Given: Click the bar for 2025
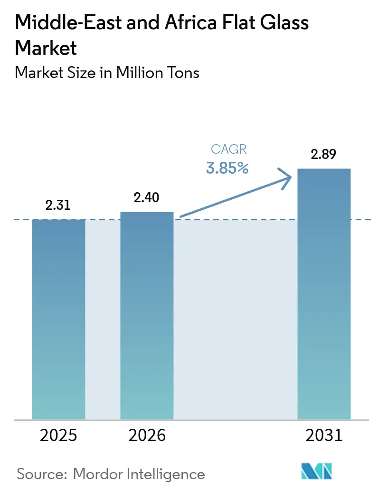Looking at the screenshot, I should coord(58,319).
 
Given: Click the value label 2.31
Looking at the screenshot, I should coord(58,205).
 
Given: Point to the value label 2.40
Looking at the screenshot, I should coord(147,197).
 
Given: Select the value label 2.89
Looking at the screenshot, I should coord(323,154).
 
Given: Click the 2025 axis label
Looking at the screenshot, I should coord(58,435).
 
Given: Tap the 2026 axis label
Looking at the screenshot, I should coord(147,435).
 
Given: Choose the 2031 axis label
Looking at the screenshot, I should coord(323,435).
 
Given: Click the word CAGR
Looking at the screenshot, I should coord(228,149).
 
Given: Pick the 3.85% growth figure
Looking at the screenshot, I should coord(228,168).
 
